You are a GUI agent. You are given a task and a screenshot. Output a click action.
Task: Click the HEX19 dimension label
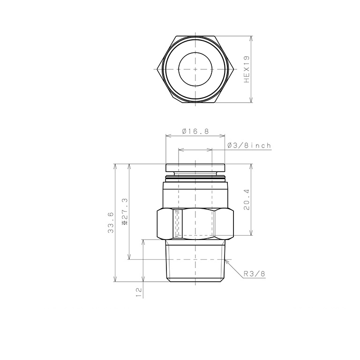[x=247, y=69]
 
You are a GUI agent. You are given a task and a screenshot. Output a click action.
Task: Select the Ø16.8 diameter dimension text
[x=195, y=131]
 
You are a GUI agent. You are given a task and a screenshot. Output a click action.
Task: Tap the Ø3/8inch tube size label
[x=248, y=146]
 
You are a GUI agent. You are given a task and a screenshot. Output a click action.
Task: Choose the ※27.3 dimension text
[x=124, y=212]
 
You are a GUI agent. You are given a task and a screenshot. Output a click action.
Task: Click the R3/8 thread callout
[x=254, y=274]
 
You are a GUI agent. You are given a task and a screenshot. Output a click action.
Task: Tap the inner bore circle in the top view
[x=195, y=69]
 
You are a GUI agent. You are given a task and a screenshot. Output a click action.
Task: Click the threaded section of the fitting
[x=195, y=262]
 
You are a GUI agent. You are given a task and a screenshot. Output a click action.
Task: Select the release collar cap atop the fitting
[x=195, y=168]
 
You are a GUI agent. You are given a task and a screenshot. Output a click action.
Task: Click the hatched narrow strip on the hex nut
[x=177, y=224]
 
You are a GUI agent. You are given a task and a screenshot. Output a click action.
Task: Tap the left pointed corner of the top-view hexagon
[x=157, y=69]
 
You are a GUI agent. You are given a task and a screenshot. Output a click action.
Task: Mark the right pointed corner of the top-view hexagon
[x=234, y=69]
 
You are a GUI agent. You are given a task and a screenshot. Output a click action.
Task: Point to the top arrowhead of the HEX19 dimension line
[x=252, y=37]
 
